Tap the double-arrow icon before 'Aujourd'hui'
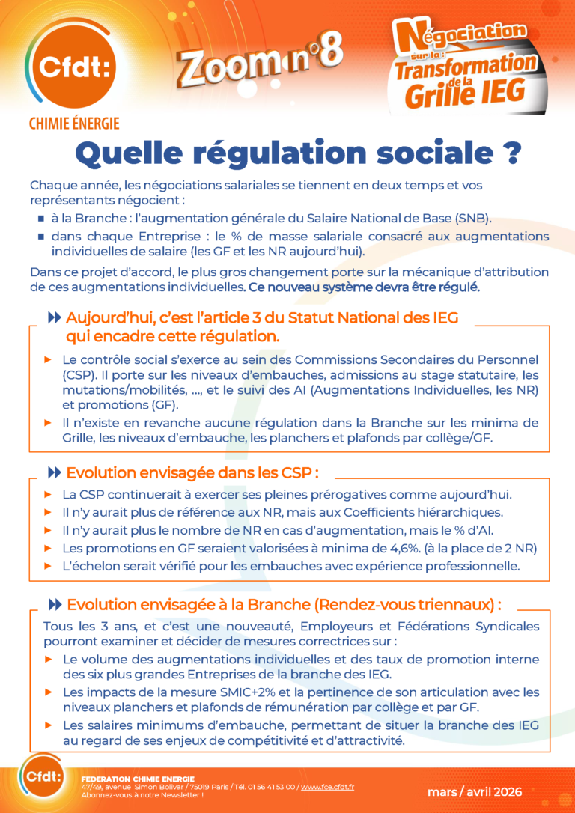click(54, 318)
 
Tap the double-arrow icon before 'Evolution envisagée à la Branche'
click(54, 604)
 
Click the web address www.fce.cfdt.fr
click(329, 787)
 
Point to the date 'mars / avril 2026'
click(475, 791)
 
